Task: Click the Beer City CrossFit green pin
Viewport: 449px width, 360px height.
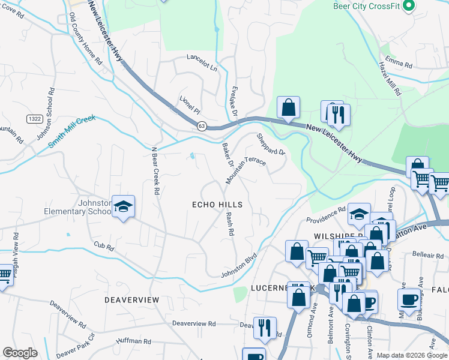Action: tap(409, 6)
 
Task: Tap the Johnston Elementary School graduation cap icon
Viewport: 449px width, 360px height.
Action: tap(123, 207)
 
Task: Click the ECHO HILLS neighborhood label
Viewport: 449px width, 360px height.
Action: tap(217, 205)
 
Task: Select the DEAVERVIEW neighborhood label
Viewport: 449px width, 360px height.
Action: tap(131, 299)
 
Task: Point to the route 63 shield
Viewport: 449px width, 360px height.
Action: tap(202, 126)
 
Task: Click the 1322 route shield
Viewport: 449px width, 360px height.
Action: tap(34, 119)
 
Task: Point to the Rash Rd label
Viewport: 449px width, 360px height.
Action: tap(229, 225)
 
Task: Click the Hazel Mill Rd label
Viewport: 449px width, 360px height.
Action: tap(390, 78)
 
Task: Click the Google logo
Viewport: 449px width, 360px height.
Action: tap(20, 353)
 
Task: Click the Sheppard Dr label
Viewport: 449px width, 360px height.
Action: tap(271, 145)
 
